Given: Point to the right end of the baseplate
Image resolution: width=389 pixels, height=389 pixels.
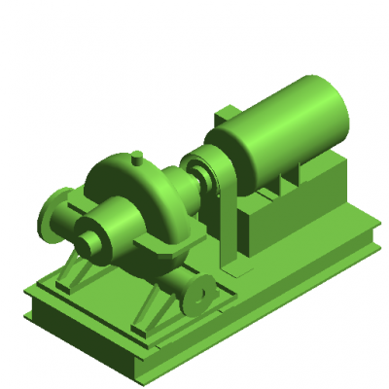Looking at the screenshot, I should pyautogui.click(x=365, y=238).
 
